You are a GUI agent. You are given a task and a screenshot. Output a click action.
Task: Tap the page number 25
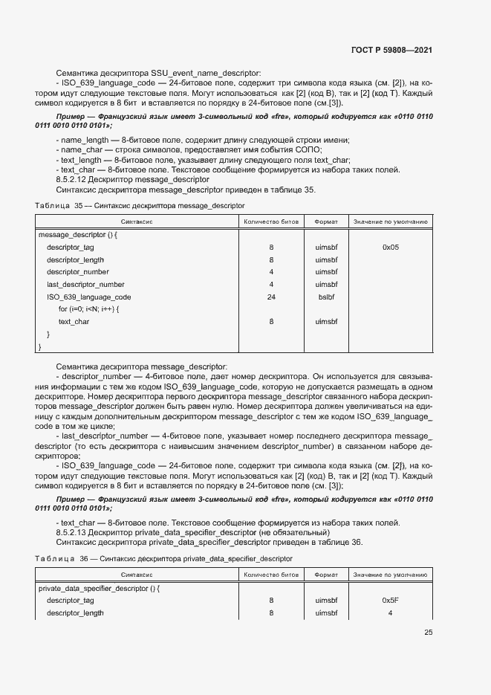[429, 633]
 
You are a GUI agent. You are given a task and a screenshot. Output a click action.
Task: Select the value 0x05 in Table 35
[391, 247]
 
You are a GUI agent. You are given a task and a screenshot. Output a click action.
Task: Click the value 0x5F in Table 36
[391, 600]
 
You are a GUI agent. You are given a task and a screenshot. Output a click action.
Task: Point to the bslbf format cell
[327, 297]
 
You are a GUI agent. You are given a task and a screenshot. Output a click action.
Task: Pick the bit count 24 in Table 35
[271, 297]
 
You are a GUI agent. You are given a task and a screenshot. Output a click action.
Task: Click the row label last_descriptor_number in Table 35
[85, 284]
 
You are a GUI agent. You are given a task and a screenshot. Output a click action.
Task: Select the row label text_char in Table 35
[74, 321]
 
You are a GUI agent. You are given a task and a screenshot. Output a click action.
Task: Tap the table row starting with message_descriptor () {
[77, 234]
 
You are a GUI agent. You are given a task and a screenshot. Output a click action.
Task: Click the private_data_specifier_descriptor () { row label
[99, 588]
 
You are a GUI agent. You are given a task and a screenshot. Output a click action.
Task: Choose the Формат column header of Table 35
[327, 222]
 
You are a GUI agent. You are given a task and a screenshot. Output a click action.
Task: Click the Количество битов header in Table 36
[271, 575]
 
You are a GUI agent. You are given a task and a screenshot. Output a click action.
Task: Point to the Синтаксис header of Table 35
[137, 222]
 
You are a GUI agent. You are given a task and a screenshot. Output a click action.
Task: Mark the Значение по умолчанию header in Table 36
[391, 575]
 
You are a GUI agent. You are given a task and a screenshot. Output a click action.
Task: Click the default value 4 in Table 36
[391, 613]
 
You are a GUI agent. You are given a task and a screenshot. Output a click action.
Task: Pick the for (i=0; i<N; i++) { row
[88, 309]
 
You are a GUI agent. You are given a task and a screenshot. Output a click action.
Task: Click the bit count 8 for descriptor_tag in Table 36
[271, 600]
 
